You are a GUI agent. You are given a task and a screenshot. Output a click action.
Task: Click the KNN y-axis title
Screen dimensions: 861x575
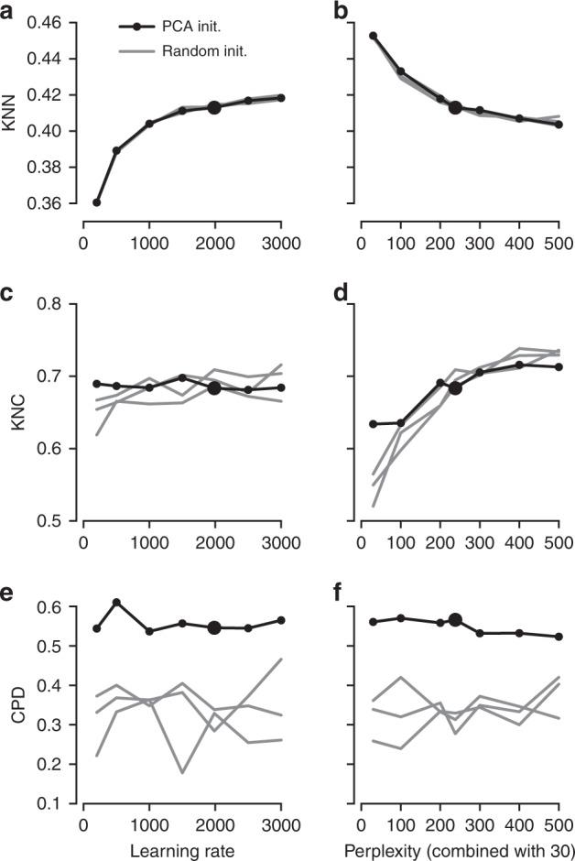click(x=11, y=113)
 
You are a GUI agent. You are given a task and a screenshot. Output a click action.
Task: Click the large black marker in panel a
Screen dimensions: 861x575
click(x=214, y=107)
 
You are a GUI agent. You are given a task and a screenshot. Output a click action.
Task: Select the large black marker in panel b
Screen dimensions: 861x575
click(x=455, y=107)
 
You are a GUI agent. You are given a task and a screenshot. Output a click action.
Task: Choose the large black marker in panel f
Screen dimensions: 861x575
click(x=455, y=620)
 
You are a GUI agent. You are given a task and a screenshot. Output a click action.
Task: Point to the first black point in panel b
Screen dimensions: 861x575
click(x=373, y=36)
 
